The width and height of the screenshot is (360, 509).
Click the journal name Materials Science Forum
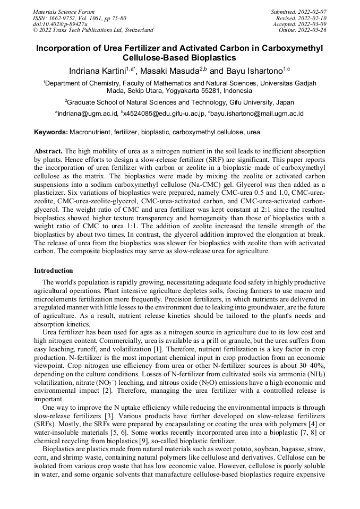63,12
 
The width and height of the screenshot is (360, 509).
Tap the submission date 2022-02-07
314,12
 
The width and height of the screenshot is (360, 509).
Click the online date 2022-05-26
314,30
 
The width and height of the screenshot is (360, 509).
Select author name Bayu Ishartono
253,71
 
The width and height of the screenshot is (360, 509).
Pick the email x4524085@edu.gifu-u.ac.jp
164,114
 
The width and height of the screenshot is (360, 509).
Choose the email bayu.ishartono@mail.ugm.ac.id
258,114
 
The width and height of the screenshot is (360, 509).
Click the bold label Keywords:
51,132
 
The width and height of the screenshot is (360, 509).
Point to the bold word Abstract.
48,151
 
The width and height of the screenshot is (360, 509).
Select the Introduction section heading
54,271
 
